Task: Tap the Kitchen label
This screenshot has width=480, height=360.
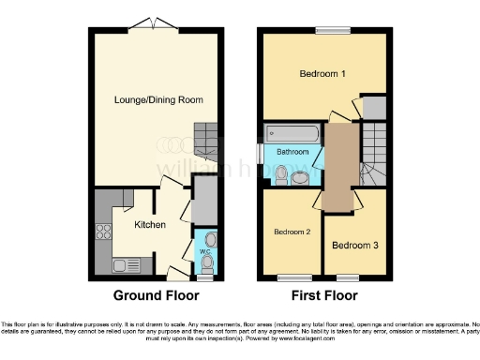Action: point(150,225)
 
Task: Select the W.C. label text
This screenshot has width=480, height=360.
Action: point(203,251)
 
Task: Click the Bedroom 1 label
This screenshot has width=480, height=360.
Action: point(322,73)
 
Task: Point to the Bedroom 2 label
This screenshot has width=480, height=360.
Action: point(292,231)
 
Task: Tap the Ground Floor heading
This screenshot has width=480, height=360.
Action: point(157,295)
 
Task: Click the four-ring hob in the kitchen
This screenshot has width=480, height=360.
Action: point(101,232)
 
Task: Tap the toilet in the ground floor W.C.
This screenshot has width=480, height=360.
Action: point(208,239)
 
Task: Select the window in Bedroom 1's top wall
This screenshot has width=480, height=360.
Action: point(328,31)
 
